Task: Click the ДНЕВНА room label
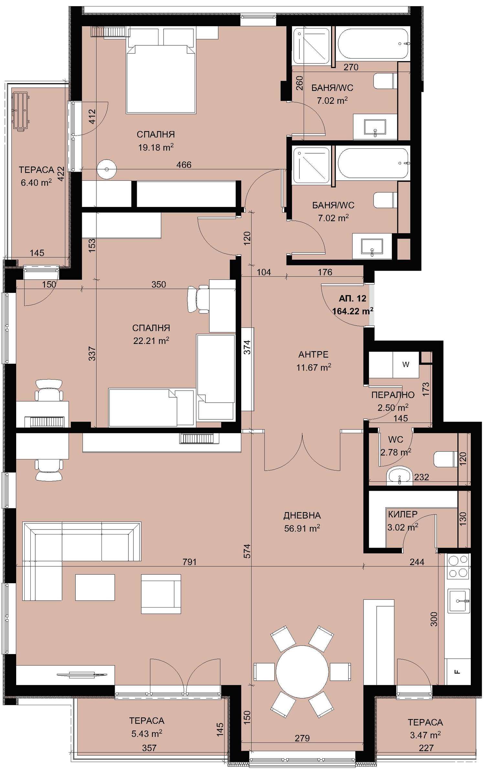pos(302,516)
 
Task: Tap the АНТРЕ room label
pos(313,355)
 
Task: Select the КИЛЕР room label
pos(403,514)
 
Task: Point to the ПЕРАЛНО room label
pos(393,395)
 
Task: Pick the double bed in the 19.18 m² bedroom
pos(161,79)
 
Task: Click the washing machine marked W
pos(406,364)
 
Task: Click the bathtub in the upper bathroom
pos(373,44)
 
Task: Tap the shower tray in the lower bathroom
pos(311,165)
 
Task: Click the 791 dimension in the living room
pos(189,562)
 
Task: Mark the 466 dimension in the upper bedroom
pos(184,165)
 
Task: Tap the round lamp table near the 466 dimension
pos(106,169)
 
